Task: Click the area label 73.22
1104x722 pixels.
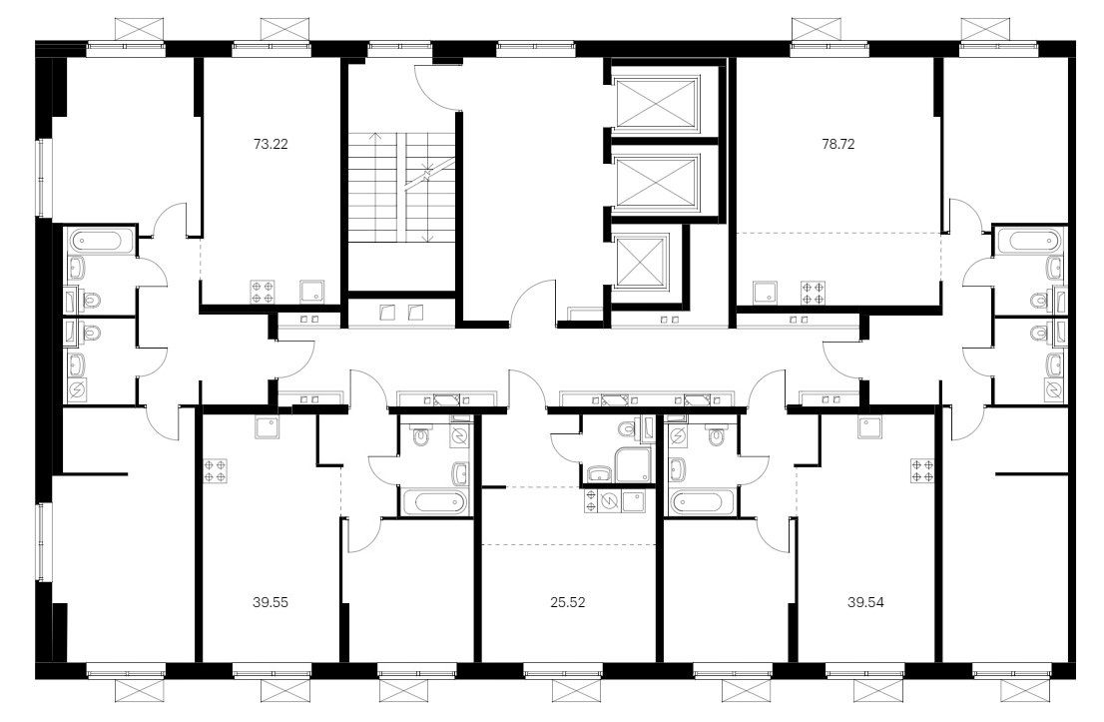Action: tap(271, 145)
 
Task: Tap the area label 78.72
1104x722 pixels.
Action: tap(837, 145)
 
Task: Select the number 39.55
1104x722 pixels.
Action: tap(271, 602)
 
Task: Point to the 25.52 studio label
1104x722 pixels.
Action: tap(568, 602)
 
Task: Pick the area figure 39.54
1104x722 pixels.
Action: tap(866, 602)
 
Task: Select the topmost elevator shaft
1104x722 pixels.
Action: tap(656, 104)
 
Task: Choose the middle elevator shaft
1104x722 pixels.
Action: tap(656, 182)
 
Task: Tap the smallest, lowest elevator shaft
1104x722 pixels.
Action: tap(641, 261)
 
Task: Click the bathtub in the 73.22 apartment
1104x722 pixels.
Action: tap(102, 242)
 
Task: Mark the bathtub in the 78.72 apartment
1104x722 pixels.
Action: tap(1033, 242)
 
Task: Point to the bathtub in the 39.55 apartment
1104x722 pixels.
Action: tap(434, 503)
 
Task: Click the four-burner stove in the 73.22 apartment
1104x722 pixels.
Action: tap(262, 292)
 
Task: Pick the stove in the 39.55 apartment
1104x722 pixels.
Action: tap(215, 471)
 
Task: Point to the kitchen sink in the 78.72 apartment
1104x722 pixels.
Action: tap(764, 292)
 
